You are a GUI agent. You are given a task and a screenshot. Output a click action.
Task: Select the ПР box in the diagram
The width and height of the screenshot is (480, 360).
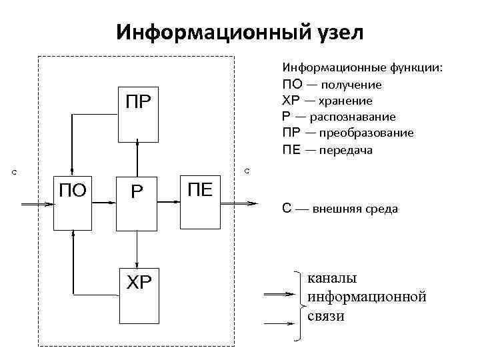137,114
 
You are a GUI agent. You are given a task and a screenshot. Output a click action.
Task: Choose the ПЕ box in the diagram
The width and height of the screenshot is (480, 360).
200,204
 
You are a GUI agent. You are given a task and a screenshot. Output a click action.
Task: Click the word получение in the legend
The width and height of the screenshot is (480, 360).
350,85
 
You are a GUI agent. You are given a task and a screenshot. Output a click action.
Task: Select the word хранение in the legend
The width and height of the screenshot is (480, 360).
345,101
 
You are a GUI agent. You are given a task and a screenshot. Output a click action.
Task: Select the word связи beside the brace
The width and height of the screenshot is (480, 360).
326,315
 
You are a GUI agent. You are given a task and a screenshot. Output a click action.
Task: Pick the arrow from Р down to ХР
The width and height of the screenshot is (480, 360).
137,250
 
